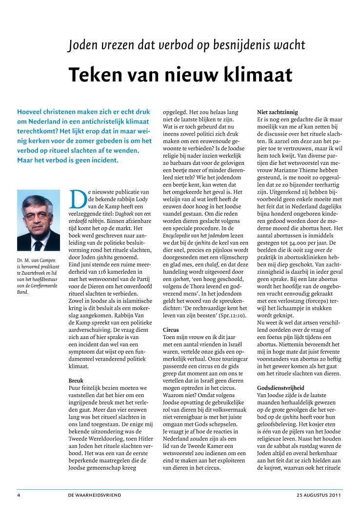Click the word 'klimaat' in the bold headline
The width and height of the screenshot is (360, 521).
[258, 75]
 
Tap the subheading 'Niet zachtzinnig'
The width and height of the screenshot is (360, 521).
[277, 112]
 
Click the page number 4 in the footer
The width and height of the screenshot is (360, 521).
[19, 495]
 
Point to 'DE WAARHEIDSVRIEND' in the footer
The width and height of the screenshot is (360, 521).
[95, 495]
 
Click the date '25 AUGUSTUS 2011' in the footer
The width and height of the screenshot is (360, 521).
[318, 495]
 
